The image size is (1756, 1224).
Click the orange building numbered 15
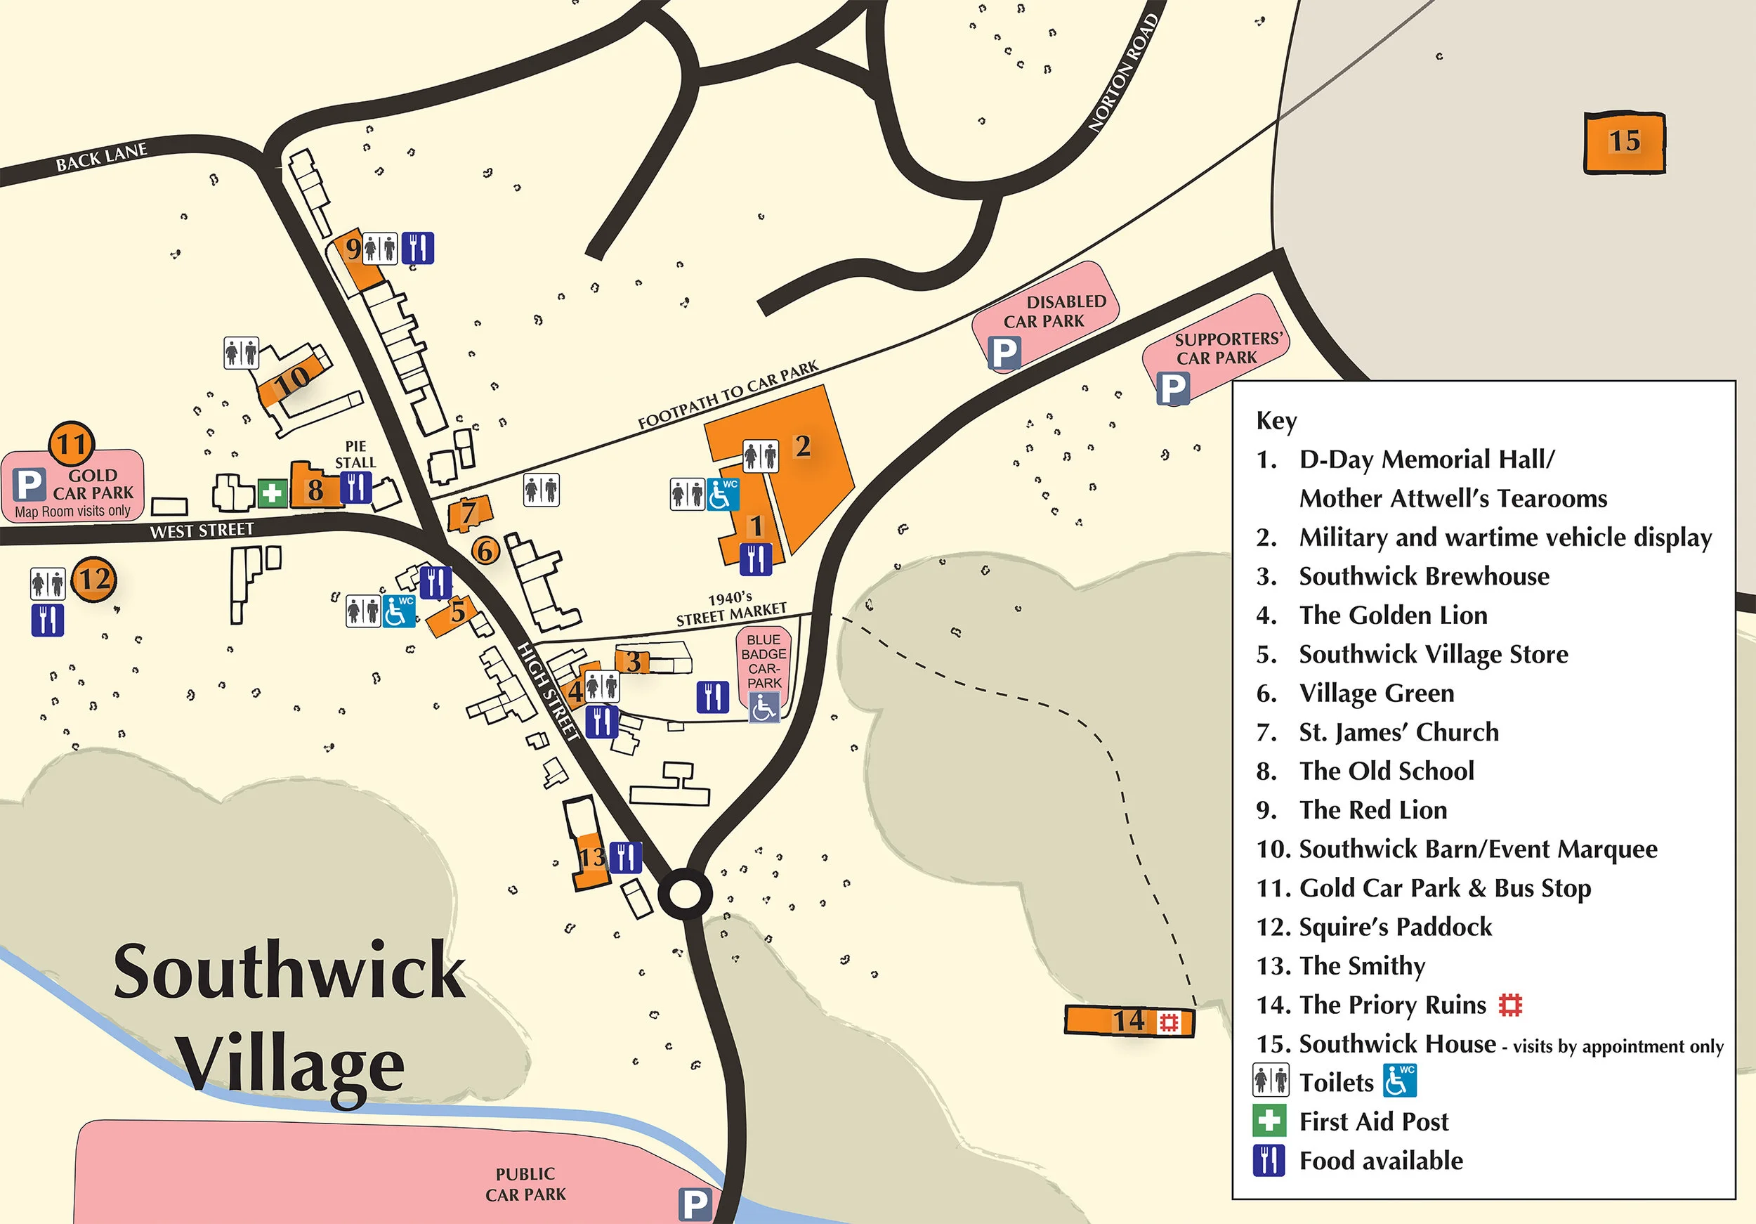[x=1624, y=143]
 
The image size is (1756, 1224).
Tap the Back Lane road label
[x=101, y=156]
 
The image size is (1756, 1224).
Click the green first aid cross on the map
[x=272, y=493]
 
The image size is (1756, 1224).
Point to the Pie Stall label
[x=355, y=455]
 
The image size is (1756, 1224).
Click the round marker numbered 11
[x=72, y=443]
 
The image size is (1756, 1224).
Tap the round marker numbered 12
[x=94, y=580]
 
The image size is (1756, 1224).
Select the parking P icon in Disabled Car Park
[x=1004, y=353]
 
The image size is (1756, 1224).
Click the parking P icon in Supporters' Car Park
[x=1172, y=389]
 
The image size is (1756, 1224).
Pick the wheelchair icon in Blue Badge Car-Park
[x=764, y=708]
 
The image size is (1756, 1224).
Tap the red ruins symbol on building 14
[x=1169, y=1022]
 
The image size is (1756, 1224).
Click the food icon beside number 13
[x=626, y=857]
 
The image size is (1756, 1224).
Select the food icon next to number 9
[x=418, y=248]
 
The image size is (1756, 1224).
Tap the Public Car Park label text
[x=525, y=1184]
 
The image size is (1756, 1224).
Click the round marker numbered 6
[x=485, y=550]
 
